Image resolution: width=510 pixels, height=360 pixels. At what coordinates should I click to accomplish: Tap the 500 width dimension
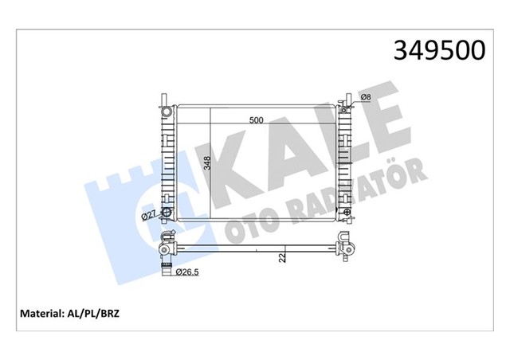click(x=256, y=120)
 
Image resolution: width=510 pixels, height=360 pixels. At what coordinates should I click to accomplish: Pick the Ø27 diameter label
click(x=147, y=215)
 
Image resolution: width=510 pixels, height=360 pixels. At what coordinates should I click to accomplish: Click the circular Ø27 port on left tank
click(x=166, y=213)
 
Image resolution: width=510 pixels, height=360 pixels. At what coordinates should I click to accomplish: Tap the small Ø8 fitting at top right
click(x=347, y=102)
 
